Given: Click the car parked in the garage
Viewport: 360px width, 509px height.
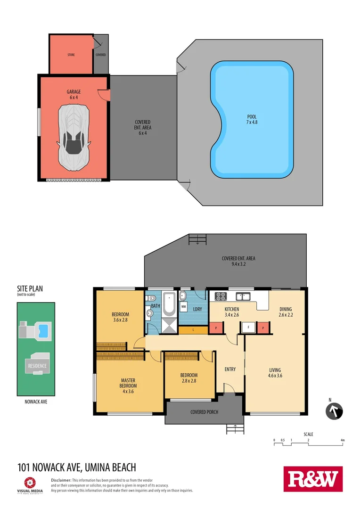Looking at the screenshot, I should [74, 137].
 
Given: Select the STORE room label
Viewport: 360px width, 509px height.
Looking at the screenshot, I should [71, 55].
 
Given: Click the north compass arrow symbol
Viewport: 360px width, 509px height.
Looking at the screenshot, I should [334, 411].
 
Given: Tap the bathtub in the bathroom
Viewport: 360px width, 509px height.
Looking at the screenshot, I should [169, 305].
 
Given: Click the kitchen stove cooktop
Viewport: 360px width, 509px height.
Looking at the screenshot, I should [221, 296].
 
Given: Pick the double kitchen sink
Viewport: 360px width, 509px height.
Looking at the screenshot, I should [243, 296].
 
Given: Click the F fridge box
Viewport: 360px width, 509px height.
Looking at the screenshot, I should [248, 327].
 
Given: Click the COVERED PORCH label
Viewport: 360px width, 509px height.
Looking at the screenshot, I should [204, 412].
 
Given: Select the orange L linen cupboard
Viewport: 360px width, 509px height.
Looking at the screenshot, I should [193, 330].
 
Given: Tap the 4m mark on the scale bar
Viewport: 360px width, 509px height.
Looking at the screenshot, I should [343, 440].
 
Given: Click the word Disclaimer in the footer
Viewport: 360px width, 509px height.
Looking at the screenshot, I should [61, 480].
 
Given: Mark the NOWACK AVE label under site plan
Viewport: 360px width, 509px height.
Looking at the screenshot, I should [36, 402].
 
